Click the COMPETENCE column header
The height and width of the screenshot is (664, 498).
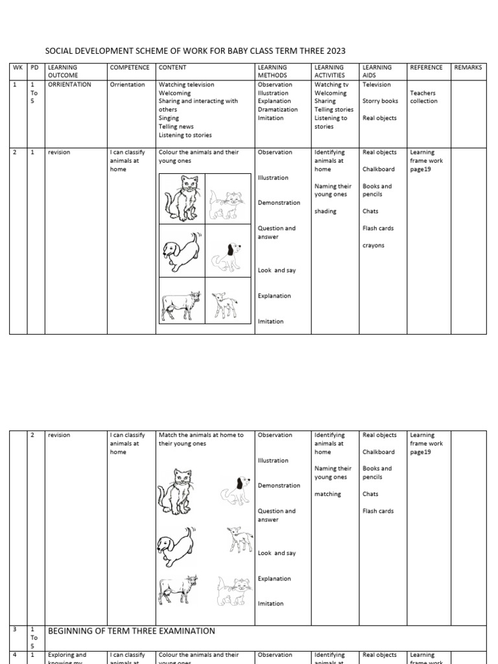(x=130, y=67)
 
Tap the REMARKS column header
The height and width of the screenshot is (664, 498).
(x=468, y=67)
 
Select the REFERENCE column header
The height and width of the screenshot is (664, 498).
(x=426, y=67)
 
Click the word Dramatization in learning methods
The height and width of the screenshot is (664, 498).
(x=278, y=110)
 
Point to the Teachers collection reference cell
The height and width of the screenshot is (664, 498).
(x=423, y=97)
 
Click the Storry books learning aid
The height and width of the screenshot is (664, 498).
(x=381, y=101)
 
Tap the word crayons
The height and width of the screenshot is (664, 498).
(x=373, y=246)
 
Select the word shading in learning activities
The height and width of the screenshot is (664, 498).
(x=326, y=211)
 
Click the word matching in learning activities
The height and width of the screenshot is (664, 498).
(x=327, y=494)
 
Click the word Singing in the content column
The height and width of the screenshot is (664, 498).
(x=169, y=119)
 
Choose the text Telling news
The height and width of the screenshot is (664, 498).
(x=176, y=127)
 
